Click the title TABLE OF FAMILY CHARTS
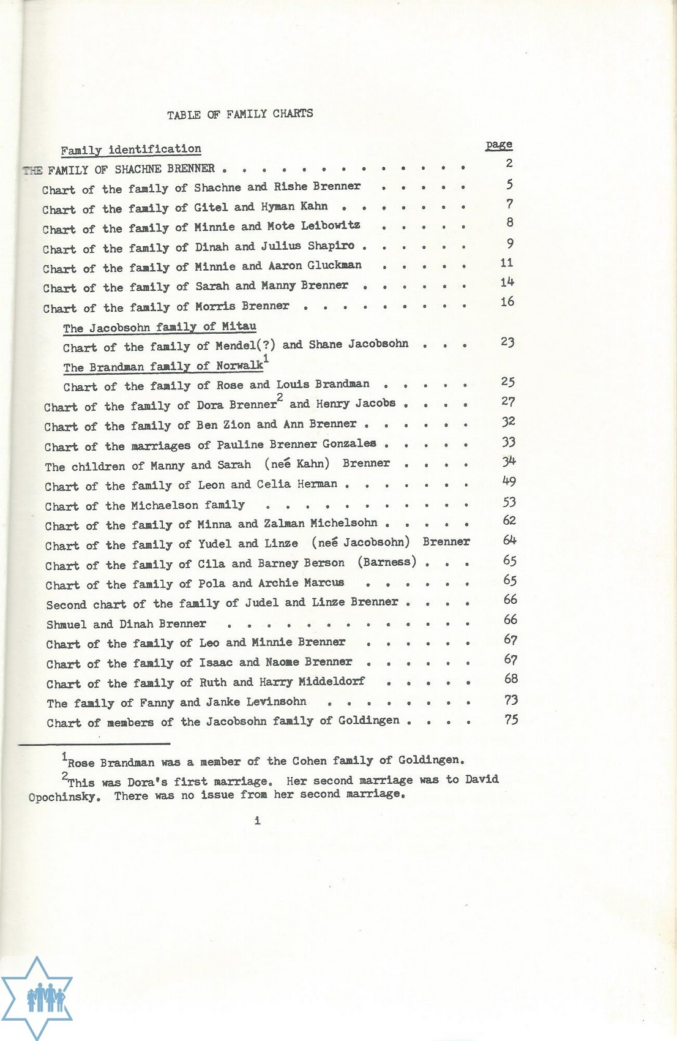coord(240,113)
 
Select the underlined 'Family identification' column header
coord(130,149)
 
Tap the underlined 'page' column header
coord(499,145)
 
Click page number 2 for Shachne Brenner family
coord(509,163)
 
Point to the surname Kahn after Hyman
coord(314,206)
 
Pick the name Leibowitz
coord(331,226)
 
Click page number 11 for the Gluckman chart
coord(507,263)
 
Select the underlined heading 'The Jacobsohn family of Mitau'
coord(159,328)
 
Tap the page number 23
coord(507,342)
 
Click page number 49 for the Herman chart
coord(509,482)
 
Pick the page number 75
coord(511,720)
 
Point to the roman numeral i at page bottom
coord(258,821)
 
